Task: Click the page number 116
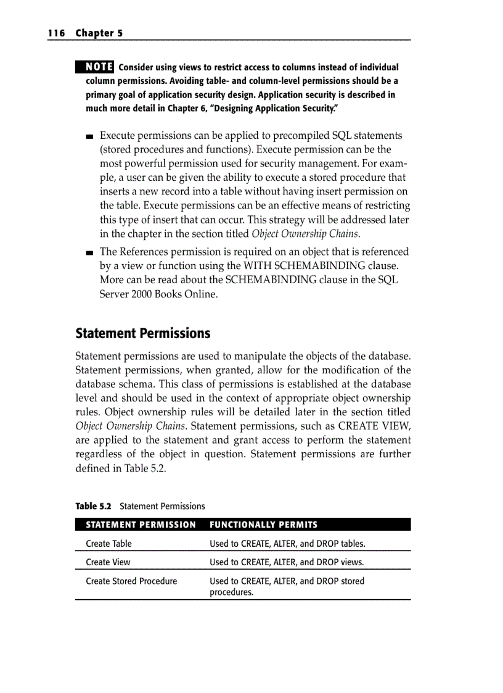click(x=56, y=33)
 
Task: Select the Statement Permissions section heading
click(x=142, y=334)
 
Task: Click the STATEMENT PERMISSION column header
click(x=141, y=525)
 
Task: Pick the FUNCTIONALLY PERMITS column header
click(x=264, y=525)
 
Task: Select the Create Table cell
click(x=108, y=544)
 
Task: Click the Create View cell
click(x=108, y=562)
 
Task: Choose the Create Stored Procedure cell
click(x=131, y=581)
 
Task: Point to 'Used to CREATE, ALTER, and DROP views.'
click(x=287, y=562)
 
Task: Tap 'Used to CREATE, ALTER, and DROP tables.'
click(x=287, y=544)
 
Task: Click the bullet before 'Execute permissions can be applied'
click(x=90, y=136)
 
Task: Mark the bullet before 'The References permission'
click(x=90, y=252)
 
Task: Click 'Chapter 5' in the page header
click(x=99, y=33)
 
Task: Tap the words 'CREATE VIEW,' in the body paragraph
click(x=374, y=426)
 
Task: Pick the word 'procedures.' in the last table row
click(x=232, y=592)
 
